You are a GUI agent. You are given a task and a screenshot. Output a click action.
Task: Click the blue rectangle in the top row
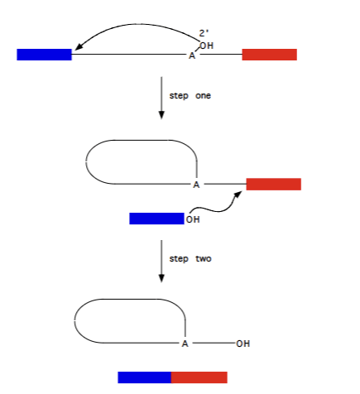point(44,55)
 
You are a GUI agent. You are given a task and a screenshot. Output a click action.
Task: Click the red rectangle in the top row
point(269,55)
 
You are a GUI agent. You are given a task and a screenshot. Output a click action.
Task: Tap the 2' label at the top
point(204,33)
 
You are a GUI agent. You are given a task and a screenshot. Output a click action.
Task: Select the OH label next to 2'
point(207,46)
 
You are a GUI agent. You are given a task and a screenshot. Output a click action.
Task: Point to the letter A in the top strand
point(192,56)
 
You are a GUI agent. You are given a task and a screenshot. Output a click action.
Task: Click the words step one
point(190,96)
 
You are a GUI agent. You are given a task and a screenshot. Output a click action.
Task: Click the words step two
point(190,259)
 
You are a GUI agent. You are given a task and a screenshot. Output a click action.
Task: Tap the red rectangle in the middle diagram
point(273,184)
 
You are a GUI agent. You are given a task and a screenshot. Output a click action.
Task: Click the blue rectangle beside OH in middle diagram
point(156,219)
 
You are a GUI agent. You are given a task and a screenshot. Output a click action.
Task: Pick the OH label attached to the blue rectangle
point(193,219)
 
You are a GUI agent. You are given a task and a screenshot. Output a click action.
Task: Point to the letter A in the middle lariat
point(196,185)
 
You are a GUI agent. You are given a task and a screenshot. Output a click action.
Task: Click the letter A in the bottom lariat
point(185,343)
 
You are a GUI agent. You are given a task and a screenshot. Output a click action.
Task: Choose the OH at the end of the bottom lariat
point(242,343)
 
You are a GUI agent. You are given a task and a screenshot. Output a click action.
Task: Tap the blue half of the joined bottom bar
point(145,377)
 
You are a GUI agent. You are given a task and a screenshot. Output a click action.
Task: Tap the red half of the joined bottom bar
point(199,377)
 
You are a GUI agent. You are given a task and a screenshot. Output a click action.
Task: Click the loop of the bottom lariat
point(76,319)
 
